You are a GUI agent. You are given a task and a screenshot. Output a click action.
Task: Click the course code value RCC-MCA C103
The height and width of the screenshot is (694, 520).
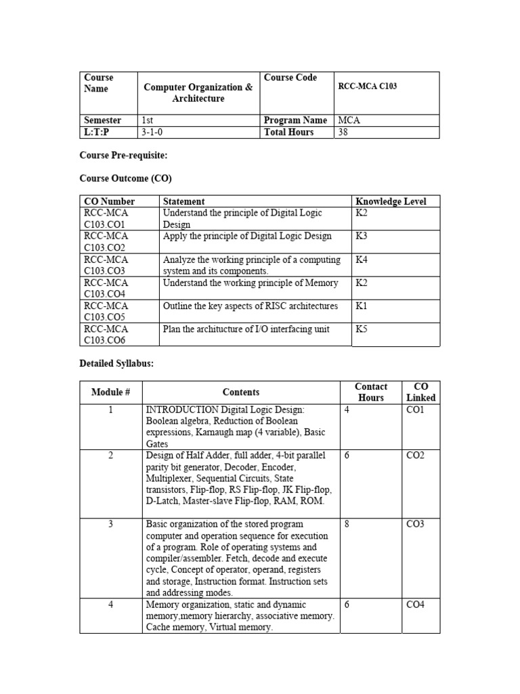point(367,87)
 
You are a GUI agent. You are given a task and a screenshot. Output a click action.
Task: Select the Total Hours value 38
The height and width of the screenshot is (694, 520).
point(344,132)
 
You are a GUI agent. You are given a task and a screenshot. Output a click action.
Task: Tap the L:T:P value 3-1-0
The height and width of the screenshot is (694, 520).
point(152,132)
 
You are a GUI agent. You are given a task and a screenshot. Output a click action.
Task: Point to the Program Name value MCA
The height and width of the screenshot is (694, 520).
point(349,121)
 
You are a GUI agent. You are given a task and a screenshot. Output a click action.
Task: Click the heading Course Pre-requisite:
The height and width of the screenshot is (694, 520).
point(123,156)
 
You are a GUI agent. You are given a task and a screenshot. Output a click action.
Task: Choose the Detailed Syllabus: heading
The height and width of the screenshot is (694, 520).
point(117,364)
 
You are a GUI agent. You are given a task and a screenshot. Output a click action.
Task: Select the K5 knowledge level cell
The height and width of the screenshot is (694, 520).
point(362,329)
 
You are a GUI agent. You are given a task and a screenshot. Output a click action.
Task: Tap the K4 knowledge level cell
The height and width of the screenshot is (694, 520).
point(362,260)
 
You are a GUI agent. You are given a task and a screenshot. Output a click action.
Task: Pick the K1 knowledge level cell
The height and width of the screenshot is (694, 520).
point(362,306)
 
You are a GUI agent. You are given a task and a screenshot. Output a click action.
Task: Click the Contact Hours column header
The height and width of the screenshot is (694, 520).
point(371,392)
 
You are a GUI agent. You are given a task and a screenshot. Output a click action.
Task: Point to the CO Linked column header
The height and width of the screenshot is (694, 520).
point(420,392)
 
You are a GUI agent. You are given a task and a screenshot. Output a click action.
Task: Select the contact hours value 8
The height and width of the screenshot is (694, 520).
point(347,524)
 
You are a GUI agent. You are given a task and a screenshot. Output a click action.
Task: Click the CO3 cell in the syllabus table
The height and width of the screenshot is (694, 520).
point(415,524)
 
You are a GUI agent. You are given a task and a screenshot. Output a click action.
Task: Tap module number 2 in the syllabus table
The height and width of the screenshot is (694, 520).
point(110,455)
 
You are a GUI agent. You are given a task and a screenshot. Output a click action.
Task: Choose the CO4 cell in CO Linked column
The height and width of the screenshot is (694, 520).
point(415,605)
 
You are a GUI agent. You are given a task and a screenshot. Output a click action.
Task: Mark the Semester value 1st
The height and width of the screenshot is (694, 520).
point(147,121)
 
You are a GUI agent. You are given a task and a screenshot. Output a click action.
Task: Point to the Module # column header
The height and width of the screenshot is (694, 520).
point(110,392)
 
